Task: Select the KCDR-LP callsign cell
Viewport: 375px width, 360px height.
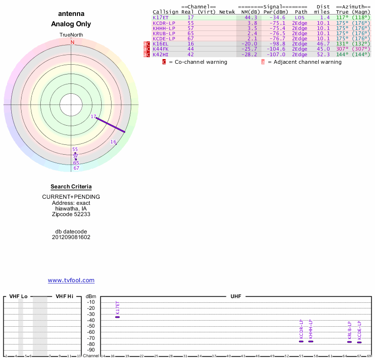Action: tap(164, 22)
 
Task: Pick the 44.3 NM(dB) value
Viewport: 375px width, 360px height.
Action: tap(251, 17)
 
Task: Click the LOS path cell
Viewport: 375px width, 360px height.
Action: tap(300, 17)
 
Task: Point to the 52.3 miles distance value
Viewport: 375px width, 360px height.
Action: tap(323, 54)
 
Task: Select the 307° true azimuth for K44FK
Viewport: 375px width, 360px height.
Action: tap(343, 49)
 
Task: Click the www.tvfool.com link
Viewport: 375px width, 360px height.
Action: tap(71, 280)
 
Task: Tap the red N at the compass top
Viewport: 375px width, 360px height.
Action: tap(72, 42)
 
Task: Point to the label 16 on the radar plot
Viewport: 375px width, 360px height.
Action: tap(113, 142)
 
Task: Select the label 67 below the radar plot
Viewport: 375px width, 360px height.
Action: tap(76, 168)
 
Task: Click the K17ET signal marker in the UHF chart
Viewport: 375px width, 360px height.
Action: tap(118, 317)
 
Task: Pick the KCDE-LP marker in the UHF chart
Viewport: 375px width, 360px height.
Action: tap(359, 342)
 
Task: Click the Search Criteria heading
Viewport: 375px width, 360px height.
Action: tap(71, 187)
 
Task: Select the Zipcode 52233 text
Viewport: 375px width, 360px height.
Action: tap(71, 214)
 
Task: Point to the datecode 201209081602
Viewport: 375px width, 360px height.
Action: tap(71, 237)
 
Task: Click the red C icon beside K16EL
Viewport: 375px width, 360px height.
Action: tap(148, 44)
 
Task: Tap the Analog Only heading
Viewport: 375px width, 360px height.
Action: tap(71, 24)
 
